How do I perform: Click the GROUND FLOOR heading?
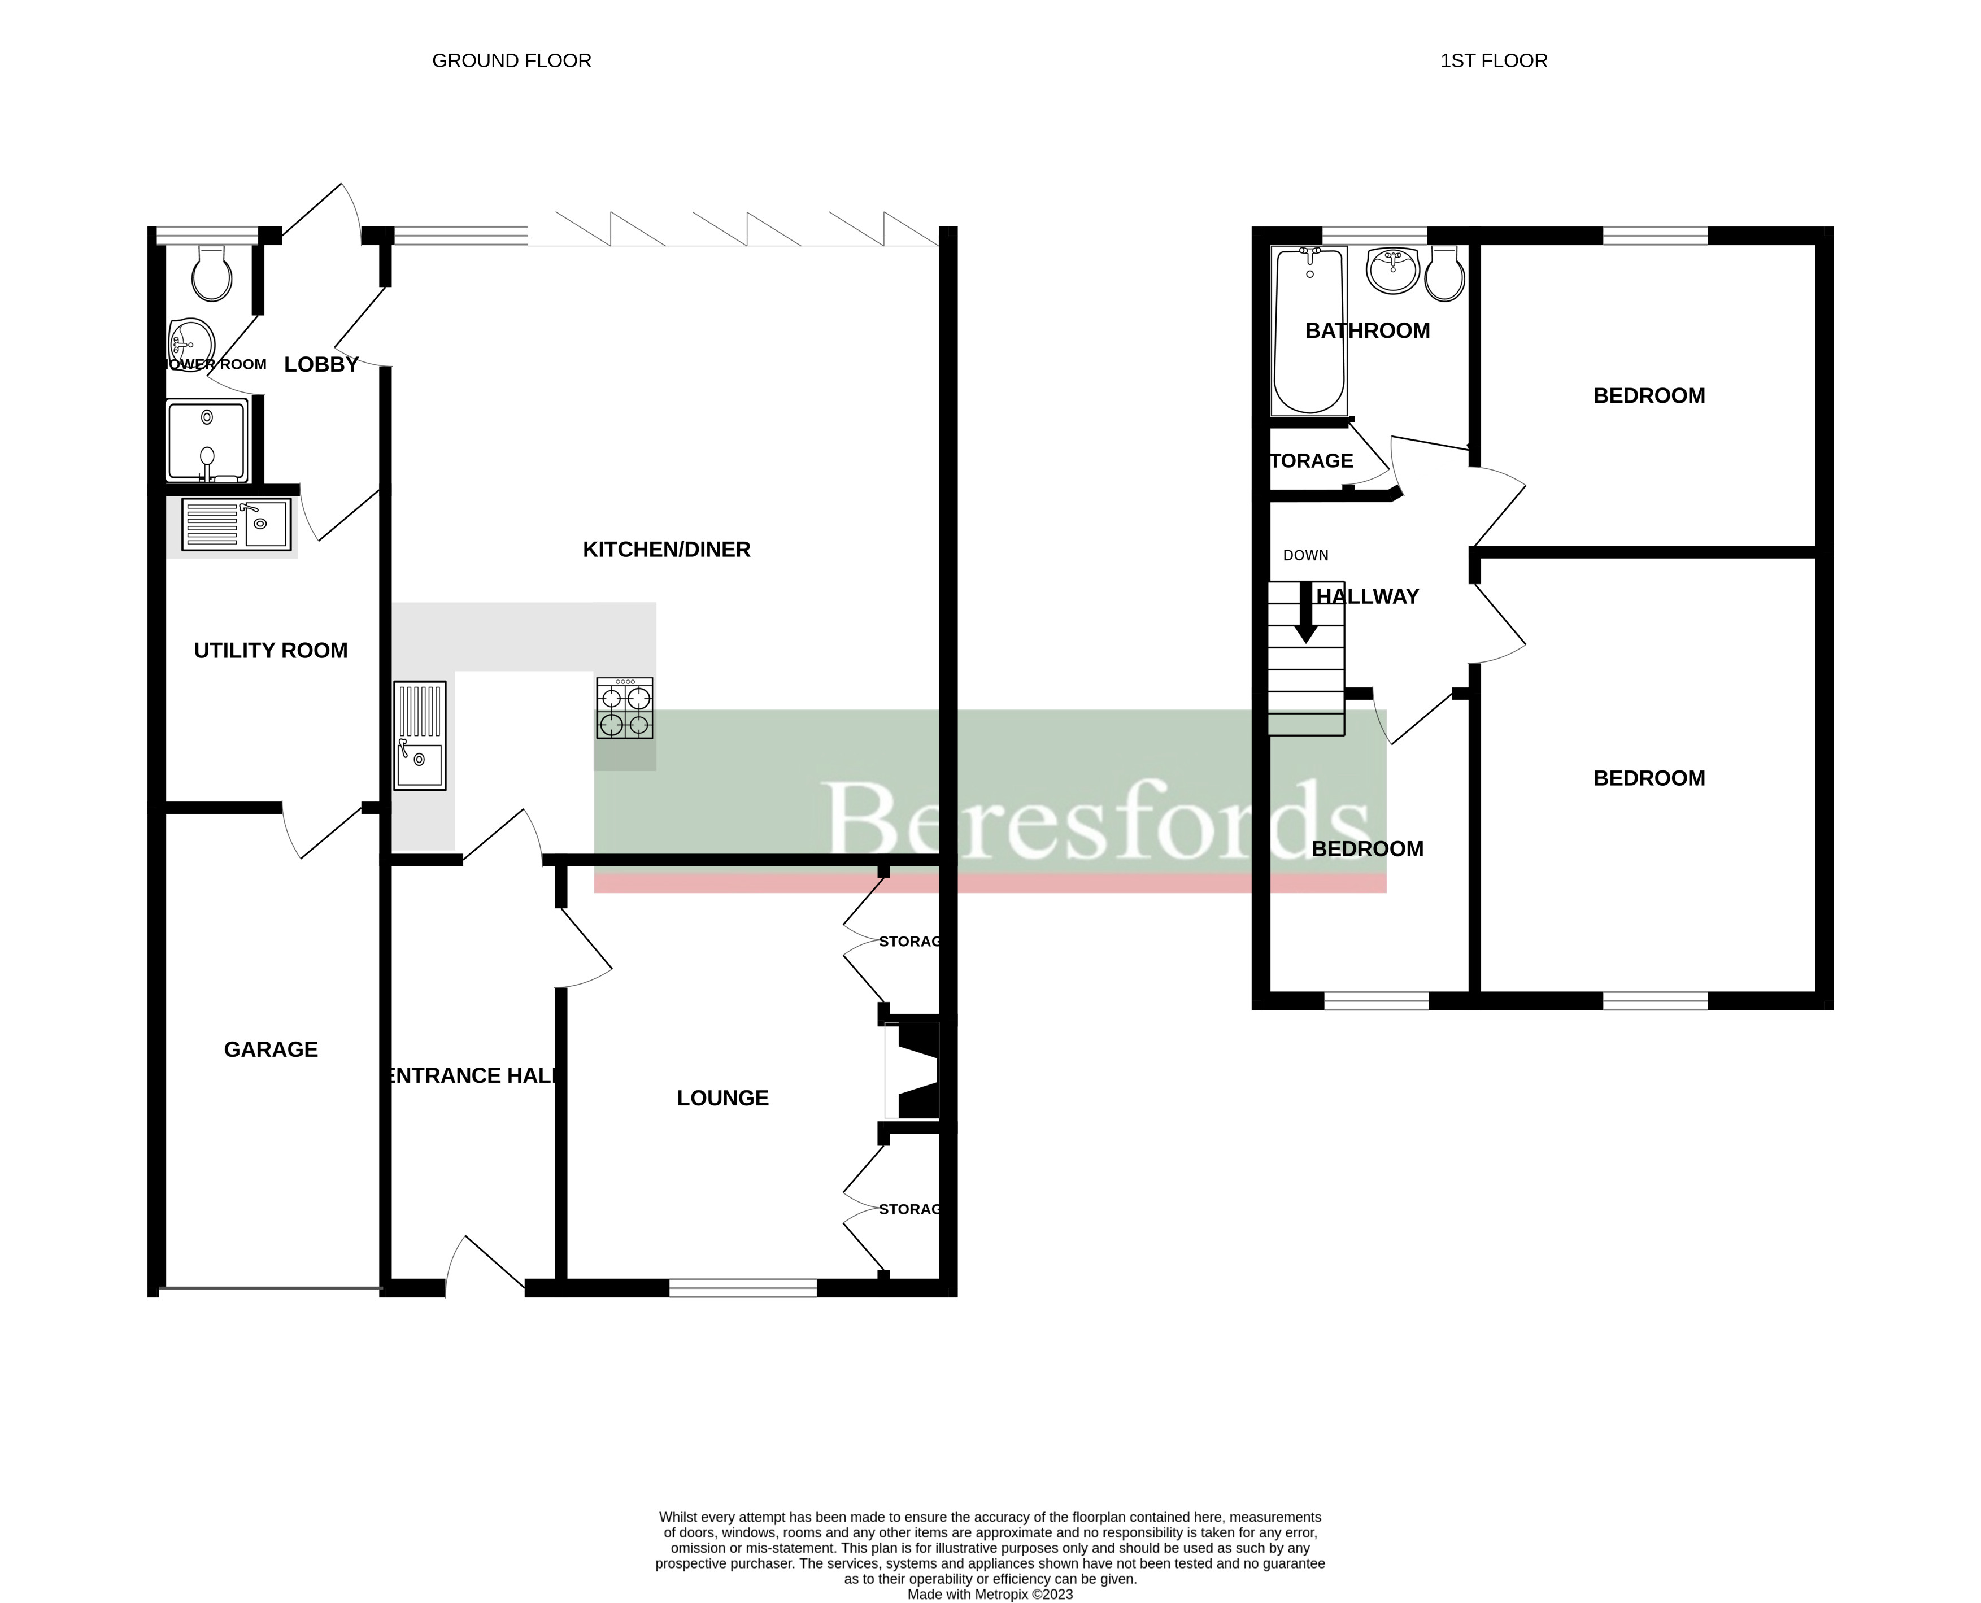point(512,61)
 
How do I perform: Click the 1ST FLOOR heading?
point(1494,61)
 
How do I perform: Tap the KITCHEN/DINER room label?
point(666,550)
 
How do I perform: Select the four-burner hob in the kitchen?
point(624,708)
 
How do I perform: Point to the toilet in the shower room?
point(211,272)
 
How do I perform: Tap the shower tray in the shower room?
point(207,441)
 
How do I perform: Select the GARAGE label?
point(271,1049)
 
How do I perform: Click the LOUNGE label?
point(722,1098)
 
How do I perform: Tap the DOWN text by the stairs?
point(1305,555)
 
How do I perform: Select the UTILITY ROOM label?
point(271,650)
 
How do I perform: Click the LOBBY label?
point(320,365)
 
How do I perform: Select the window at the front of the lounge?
point(743,1287)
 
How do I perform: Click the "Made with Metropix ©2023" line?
point(990,1594)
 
